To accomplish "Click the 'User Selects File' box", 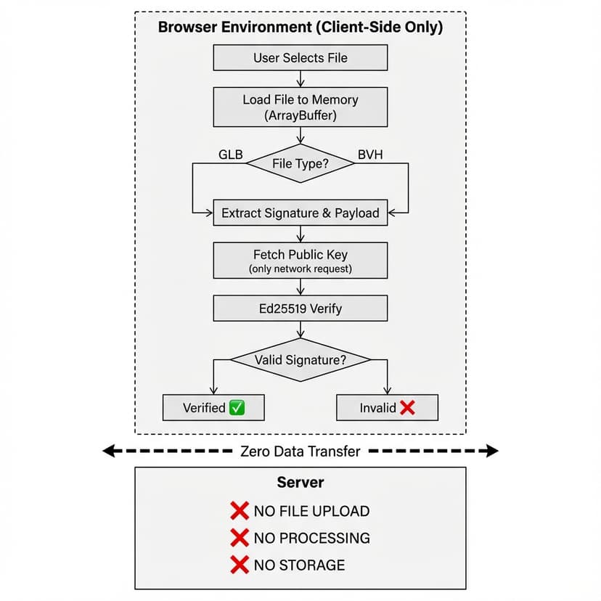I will (300, 57).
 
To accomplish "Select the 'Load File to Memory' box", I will (300, 107).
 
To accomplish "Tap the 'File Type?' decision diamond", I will (300, 163).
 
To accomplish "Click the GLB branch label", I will (230, 154).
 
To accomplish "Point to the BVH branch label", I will (371, 154).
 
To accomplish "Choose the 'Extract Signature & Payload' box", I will (300, 213).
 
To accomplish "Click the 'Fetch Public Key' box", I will (300, 260).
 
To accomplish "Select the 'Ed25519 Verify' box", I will (300, 308).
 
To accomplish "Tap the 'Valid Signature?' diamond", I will (300, 359).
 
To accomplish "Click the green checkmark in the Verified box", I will (237, 408).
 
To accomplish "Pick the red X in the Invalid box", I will (407, 408).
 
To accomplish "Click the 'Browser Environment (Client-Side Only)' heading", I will (300, 28).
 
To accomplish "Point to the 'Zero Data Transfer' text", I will (300, 451).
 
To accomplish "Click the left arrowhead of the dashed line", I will (108, 451).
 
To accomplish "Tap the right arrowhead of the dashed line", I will (493, 451).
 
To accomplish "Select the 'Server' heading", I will (300, 483).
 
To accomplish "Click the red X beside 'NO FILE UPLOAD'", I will (240, 511).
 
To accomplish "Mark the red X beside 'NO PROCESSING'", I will (240, 538).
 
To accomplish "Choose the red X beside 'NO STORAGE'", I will (240, 565).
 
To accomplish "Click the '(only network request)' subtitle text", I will (300, 269).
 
